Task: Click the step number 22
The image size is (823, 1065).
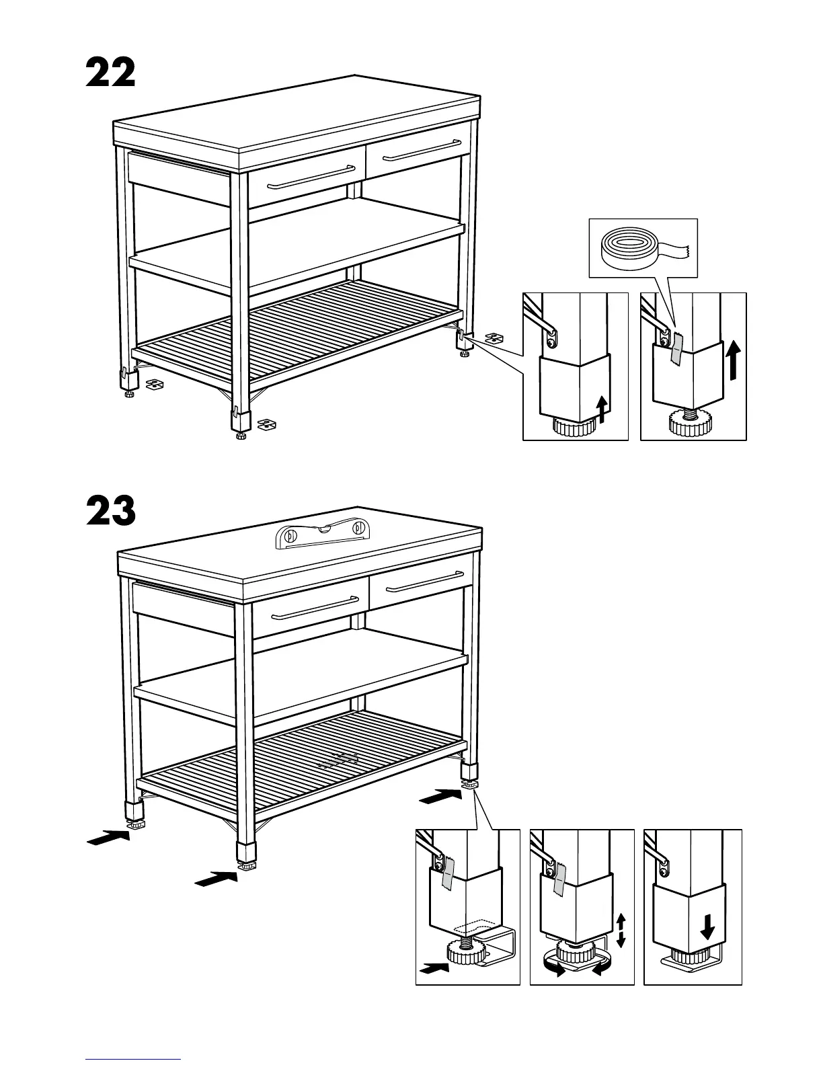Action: click(110, 73)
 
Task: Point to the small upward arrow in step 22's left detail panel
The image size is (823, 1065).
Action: click(602, 409)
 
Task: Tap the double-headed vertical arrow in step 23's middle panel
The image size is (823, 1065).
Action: click(621, 930)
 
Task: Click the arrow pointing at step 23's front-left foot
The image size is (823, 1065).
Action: click(108, 838)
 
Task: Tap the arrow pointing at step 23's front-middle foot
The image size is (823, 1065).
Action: click(215, 878)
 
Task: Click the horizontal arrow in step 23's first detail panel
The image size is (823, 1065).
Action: click(434, 969)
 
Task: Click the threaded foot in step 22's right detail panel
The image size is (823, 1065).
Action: click(692, 422)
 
